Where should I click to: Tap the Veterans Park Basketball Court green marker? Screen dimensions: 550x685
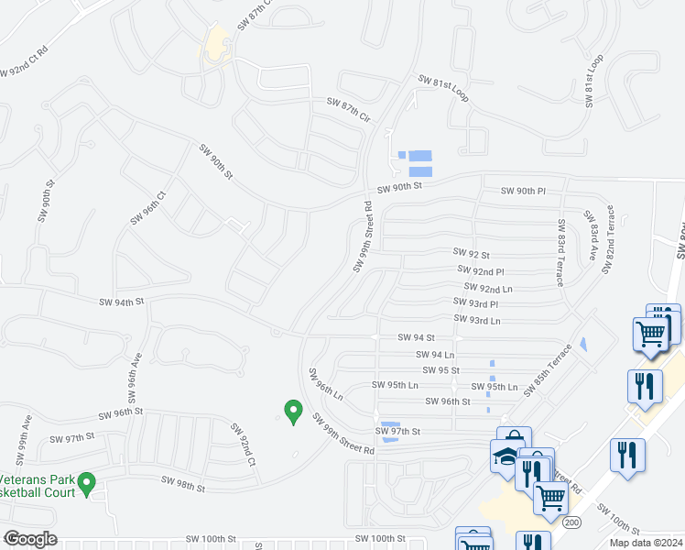86,482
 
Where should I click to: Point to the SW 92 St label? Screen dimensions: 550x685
472,253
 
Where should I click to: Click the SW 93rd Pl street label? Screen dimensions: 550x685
475,303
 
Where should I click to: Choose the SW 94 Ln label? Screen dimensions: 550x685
435,354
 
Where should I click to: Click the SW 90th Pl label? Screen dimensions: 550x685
523,191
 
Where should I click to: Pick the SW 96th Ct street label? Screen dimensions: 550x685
147,208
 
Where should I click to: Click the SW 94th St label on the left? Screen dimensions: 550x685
122,301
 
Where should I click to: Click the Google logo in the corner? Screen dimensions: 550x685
30,539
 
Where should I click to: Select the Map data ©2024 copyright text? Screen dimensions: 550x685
646,543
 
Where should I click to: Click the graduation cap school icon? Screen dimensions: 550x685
505,457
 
